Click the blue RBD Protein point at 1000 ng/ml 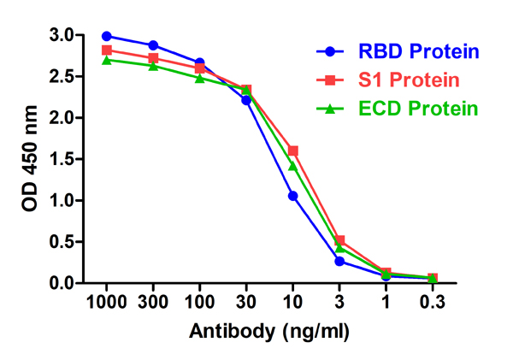[x=107, y=36]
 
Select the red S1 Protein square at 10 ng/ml [x=293, y=150]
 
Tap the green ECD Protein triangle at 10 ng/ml [x=293, y=166]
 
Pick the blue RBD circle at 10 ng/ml [x=293, y=196]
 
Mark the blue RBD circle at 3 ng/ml [x=339, y=261]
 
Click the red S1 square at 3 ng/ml [x=339, y=240]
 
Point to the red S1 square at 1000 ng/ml [x=107, y=50]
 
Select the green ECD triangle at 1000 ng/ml [x=107, y=60]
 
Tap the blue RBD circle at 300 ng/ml [x=153, y=45]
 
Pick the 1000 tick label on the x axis [x=107, y=302]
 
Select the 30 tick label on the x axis [x=246, y=302]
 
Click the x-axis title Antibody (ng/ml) [x=269, y=330]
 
